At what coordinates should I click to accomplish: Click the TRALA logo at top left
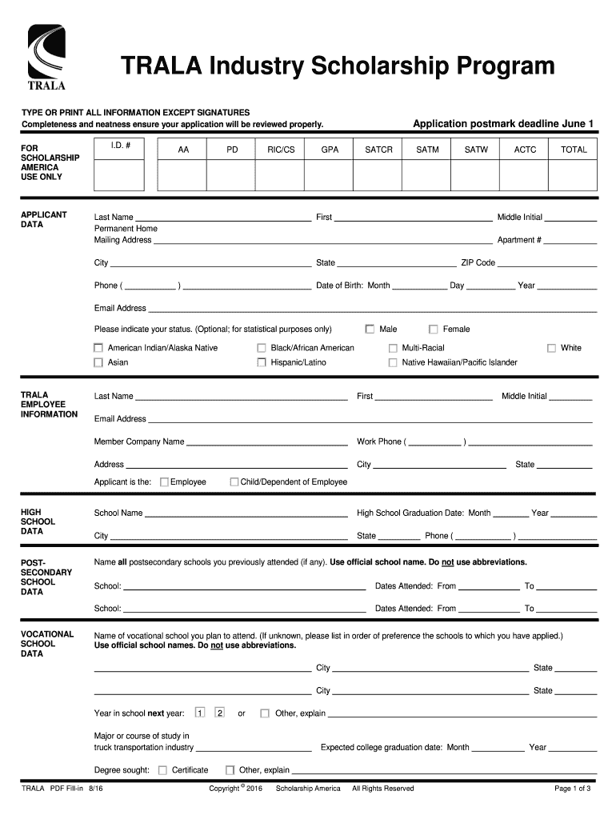(47, 58)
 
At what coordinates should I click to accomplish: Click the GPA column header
(330, 150)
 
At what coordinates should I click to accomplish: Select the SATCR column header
(378, 150)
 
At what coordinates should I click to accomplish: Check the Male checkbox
(370, 329)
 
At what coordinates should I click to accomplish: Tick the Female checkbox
(434, 329)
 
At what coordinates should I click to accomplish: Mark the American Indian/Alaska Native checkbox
(98, 348)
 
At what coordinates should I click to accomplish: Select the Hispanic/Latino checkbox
(262, 362)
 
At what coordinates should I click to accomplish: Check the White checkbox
(551, 348)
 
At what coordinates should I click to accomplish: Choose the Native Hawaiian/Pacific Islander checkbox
(393, 362)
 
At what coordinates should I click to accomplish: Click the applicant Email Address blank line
(372, 309)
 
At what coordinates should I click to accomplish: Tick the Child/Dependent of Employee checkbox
(234, 482)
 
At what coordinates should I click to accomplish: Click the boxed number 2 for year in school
(219, 713)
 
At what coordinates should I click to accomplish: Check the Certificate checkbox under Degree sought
(162, 770)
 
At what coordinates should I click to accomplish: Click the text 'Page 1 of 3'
(572, 789)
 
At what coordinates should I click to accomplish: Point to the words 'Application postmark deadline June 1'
(503, 123)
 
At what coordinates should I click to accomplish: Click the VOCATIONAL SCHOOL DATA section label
(46, 644)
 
